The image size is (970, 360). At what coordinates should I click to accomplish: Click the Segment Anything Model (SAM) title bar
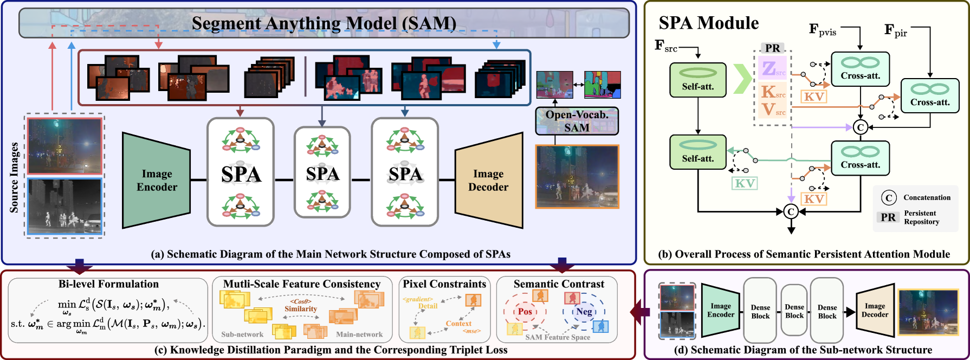pos(324,23)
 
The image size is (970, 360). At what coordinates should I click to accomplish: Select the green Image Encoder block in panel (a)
pos(157,180)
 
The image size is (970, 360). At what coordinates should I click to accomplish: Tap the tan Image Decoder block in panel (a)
pos(488,180)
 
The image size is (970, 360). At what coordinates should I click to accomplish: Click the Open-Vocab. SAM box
pos(577,121)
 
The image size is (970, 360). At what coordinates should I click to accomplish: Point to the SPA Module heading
pos(708,23)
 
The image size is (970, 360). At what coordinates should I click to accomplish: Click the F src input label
pos(666,46)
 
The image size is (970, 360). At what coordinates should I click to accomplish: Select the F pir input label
pos(895,30)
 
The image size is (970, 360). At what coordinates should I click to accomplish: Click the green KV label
pos(745,183)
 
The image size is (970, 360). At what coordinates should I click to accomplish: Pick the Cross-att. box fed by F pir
pos(930,95)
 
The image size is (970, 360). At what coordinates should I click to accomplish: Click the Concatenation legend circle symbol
pos(888,198)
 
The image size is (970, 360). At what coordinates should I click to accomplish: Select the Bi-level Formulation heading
pos(108,284)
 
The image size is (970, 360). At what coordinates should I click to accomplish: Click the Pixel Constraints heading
pos(444,284)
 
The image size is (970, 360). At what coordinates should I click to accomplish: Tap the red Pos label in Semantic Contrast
pos(525,311)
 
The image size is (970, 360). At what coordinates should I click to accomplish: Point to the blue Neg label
pos(584,311)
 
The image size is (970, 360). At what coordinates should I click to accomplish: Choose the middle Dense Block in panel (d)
pos(794,311)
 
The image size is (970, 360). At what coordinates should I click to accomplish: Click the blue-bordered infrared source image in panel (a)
pos(64,207)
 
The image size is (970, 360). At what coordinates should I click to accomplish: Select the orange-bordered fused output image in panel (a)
pos(577,177)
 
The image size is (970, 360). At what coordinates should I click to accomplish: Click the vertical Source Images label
pos(14,177)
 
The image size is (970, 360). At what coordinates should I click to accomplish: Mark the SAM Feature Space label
pos(558,337)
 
